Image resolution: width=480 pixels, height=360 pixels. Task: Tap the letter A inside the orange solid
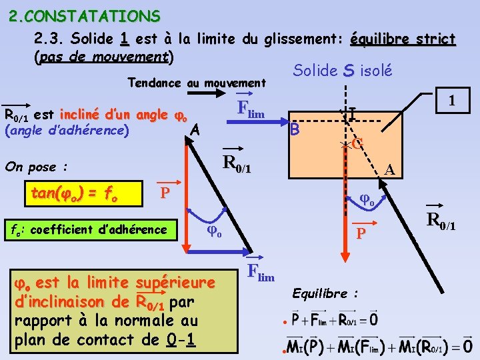pyautogui.click(x=391, y=171)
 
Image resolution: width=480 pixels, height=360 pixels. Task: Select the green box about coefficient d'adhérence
pyautogui.click(x=88, y=229)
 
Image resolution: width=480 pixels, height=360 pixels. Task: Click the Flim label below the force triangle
pyautogui.click(x=260, y=272)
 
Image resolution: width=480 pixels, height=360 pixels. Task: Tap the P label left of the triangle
pyautogui.click(x=165, y=193)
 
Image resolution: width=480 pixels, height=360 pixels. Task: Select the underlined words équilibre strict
pyautogui.click(x=402, y=39)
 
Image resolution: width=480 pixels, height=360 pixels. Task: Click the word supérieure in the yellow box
pyautogui.click(x=175, y=283)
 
